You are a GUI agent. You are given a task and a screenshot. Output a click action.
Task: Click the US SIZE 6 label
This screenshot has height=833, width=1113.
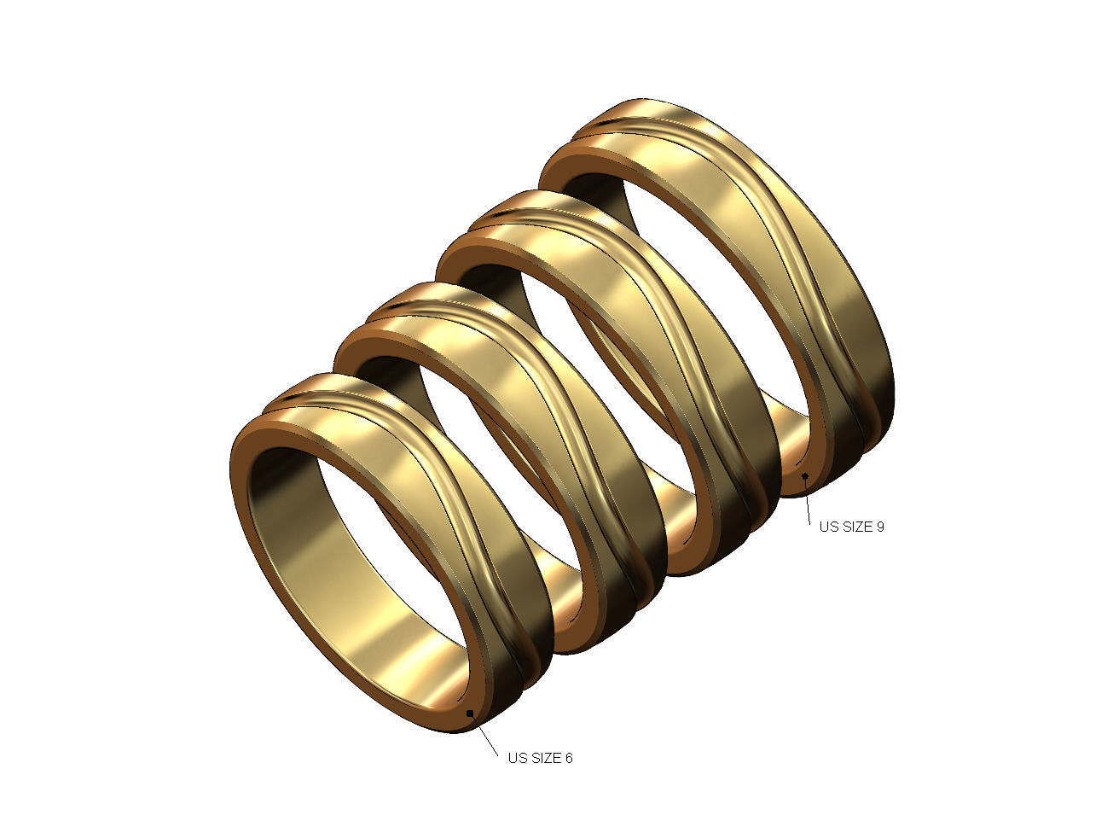(x=540, y=758)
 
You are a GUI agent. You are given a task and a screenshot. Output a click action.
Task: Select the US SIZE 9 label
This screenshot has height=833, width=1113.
(x=851, y=527)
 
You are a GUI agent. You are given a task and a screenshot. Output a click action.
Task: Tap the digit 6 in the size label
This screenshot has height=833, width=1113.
(x=568, y=758)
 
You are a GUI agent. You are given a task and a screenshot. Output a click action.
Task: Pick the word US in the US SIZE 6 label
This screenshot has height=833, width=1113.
(x=517, y=758)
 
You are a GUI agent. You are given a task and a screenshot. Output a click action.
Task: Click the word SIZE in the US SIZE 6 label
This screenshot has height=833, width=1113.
(x=545, y=758)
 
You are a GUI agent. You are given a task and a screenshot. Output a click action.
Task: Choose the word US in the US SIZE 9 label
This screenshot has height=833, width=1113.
(x=828, y=527)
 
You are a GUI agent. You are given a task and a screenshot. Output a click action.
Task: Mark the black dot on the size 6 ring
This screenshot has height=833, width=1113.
(x=471, y=713)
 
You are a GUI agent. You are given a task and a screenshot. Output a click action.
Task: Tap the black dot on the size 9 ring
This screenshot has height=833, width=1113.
(x=804, y=476)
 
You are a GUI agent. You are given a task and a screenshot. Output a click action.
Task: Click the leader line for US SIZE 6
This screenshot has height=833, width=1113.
(x=485, y=737)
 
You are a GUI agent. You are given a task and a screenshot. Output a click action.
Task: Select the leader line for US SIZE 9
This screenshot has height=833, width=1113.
(x=808, y=499)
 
